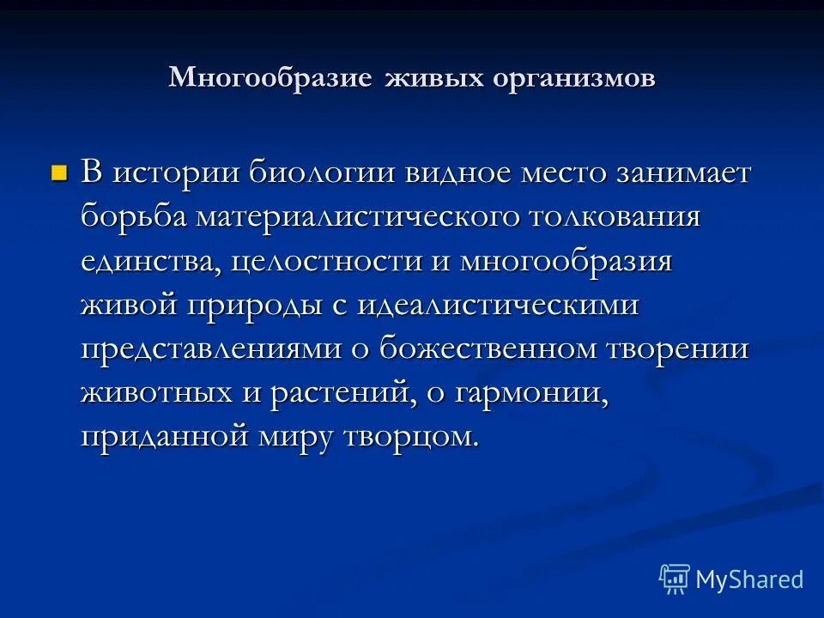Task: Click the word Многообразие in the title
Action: click(x=270, y=78)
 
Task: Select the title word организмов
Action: click(x=574, y=78)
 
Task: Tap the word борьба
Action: click(x=136, y=216)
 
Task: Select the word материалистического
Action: click(x=358, y=216)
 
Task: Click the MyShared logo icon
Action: click(x=674, y=578)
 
